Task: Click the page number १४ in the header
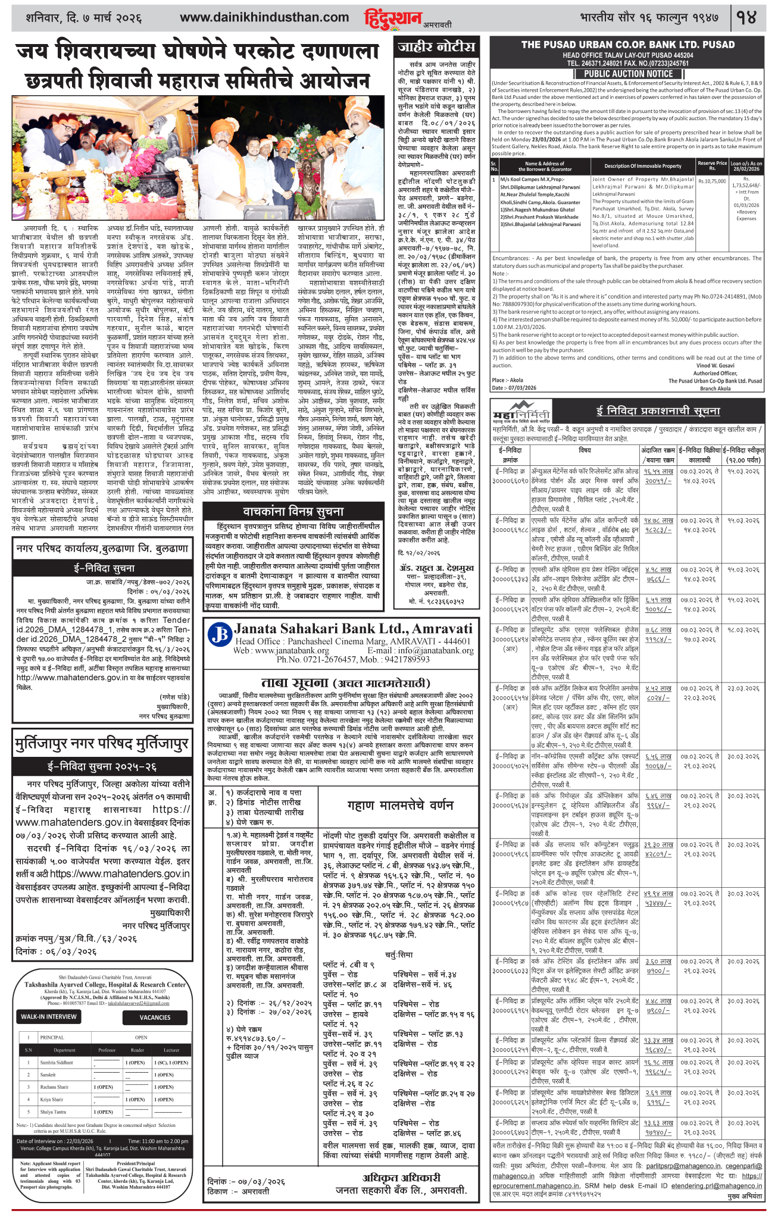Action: [x=746, y=17]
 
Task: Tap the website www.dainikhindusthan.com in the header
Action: [x=264, y=18]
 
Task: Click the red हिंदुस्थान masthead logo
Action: [x=393, y=19]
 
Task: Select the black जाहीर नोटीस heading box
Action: [x=437, y=46]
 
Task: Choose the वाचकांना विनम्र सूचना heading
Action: [x=293, y=512]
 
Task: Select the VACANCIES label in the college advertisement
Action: [x=155, y=1017]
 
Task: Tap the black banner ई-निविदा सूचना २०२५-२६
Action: [x=102, y=766]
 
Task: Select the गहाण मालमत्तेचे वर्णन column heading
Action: [x=400, y=805]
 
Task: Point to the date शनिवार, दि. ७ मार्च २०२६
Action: [x=84, y=18]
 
